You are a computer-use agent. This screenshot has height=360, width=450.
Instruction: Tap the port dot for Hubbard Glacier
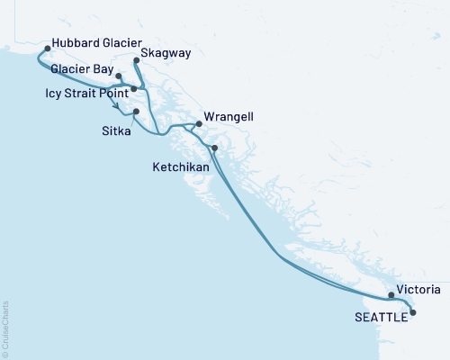45,43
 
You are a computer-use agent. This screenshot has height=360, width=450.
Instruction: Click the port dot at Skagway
136,61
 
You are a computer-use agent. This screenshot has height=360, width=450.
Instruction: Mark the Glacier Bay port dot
120,76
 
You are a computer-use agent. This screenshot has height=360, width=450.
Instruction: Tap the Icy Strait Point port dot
134,89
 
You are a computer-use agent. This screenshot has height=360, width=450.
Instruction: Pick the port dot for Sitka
136,112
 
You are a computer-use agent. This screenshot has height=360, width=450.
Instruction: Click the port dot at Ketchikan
214,148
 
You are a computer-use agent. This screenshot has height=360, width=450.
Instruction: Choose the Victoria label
419,290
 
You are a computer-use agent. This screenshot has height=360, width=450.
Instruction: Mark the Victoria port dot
391,294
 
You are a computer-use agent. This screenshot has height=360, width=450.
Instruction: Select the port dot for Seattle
413,312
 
